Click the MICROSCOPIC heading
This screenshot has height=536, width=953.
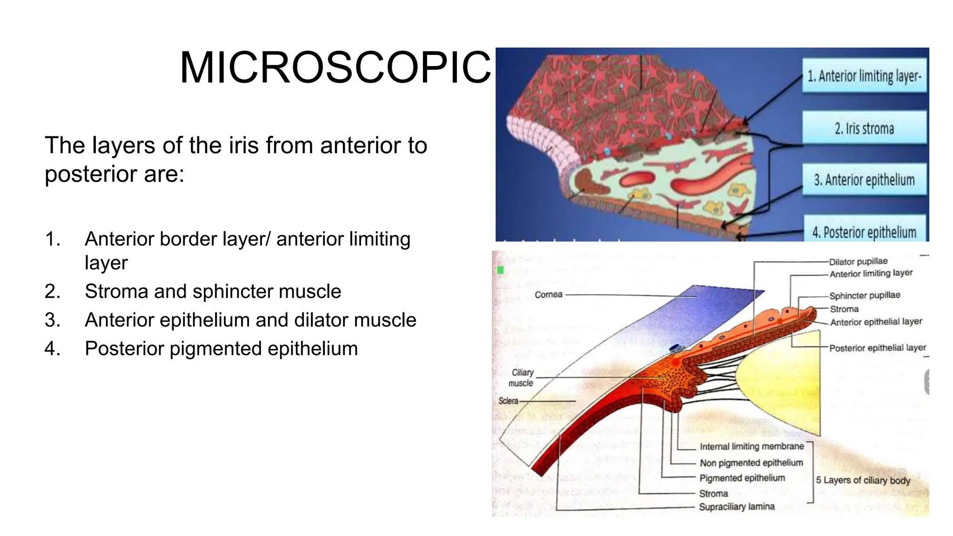(335, 68)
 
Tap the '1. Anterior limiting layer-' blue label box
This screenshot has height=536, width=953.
(864, 76)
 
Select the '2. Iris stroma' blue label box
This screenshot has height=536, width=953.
(864, 128)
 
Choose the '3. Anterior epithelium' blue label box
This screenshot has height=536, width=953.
(864, 180)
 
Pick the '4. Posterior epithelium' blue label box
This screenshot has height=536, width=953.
(864, 231)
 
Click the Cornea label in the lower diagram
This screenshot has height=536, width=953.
(548, 295)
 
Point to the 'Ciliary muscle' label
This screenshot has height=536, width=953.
(522, 378)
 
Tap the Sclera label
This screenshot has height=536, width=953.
(508, 401)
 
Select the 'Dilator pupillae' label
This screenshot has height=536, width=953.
(858, 261)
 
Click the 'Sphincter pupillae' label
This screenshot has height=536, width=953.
(865, 295)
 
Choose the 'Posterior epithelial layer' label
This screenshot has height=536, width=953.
(877, 348)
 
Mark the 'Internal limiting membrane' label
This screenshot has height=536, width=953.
(752, 447)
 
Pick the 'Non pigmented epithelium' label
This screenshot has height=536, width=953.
(751, 463)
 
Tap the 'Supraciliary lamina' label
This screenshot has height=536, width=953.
(737, 507)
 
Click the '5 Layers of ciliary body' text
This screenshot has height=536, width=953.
(863, 480)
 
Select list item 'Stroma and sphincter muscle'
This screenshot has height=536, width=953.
(213, 292)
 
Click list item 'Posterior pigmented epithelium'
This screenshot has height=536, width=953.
(221, 349)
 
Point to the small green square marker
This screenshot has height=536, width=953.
(501, 270)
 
